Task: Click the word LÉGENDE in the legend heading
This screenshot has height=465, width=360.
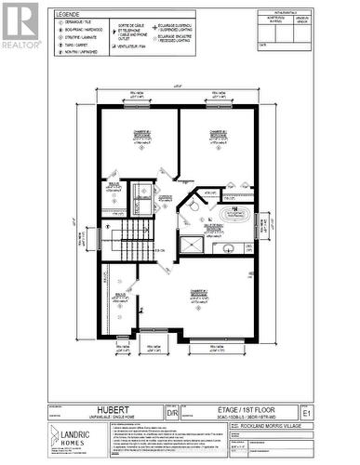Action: [67, 15]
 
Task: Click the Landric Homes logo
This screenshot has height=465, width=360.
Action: [78, 436]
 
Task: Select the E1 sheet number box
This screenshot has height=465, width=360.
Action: [307, 411]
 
